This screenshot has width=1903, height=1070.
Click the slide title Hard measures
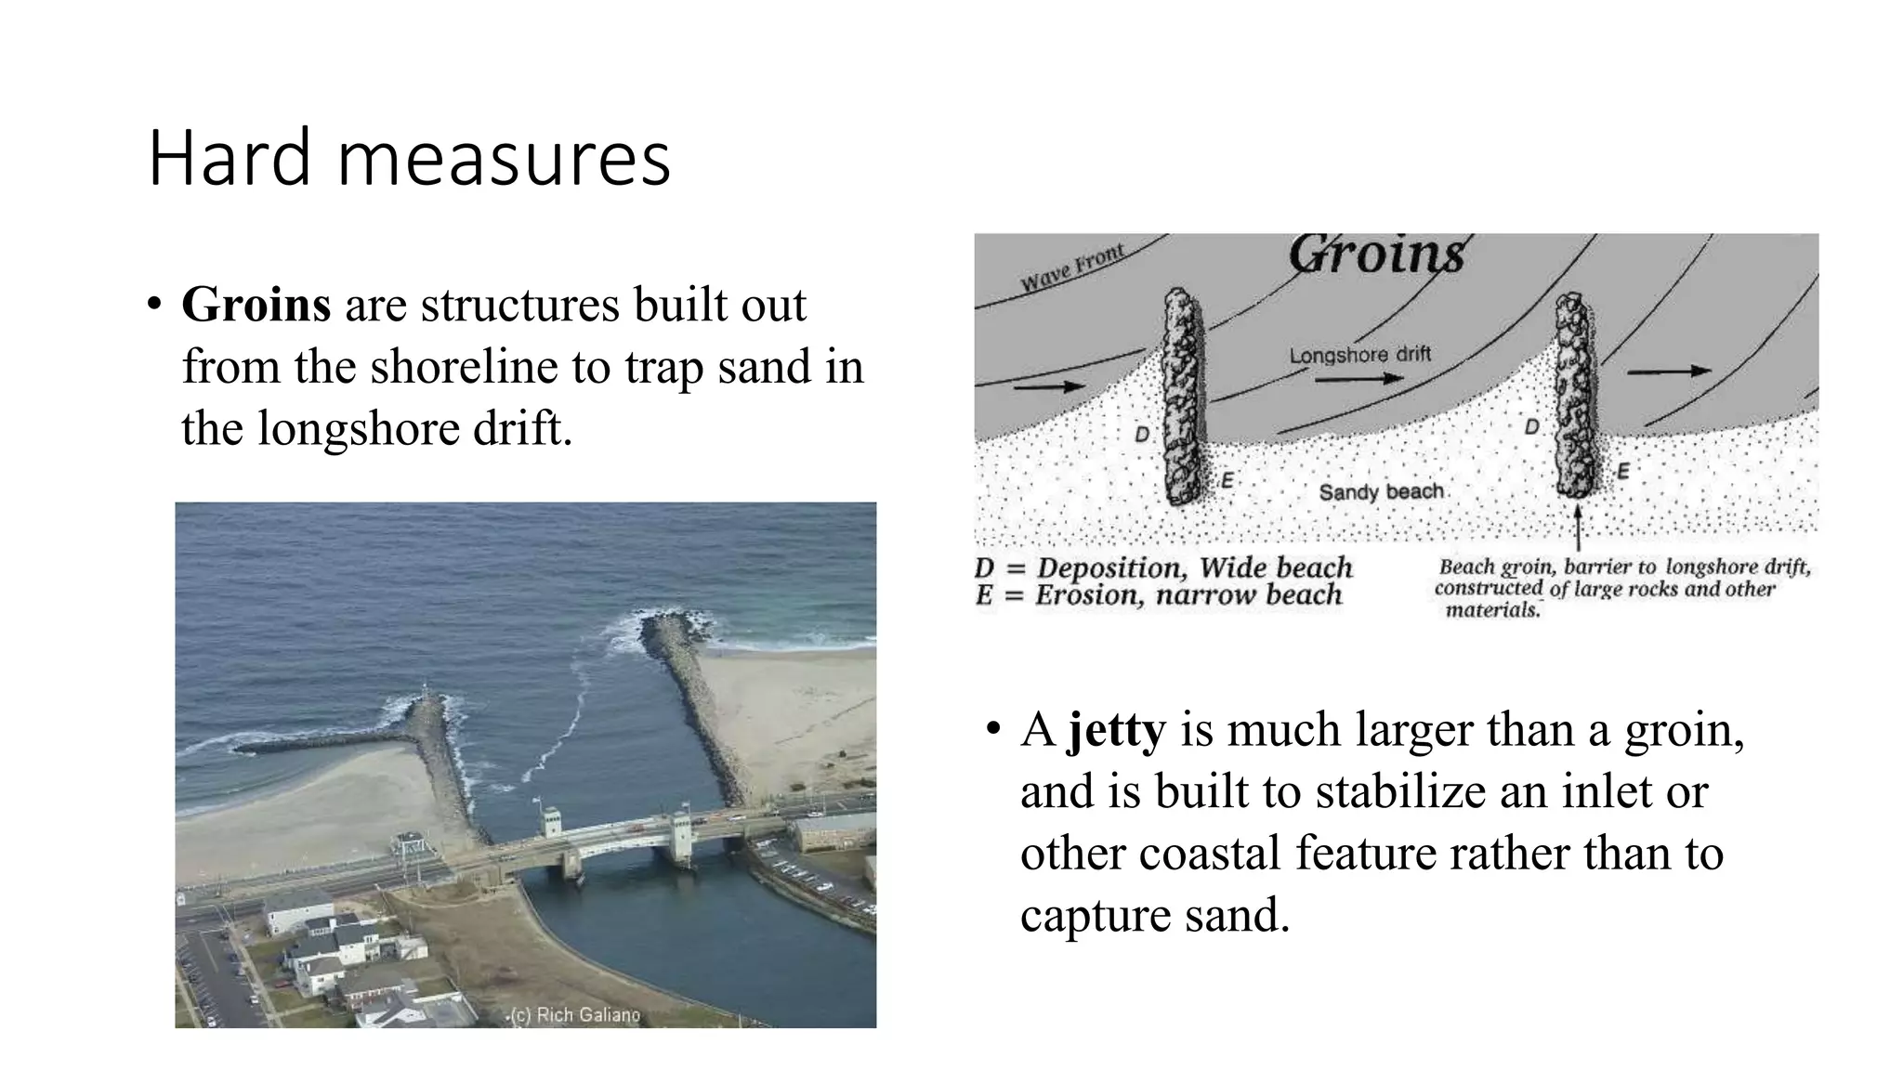pos(409,159)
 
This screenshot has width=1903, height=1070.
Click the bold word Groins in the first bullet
pos(256,304)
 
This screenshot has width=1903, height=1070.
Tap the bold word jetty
pos(1117,729)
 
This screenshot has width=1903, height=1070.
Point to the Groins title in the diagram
pos(1376,252)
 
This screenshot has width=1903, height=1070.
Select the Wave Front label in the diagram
pos(1073,267)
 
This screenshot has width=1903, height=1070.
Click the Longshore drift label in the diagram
pos(1359,355)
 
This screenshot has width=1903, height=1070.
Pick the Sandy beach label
pos(1381,491)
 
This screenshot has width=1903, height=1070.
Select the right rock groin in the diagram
pos(1576,395)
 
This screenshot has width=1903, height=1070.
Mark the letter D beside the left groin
pos(1142,434)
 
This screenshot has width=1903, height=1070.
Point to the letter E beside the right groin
pos(1622,471)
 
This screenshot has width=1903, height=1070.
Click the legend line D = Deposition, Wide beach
pos(1163,568)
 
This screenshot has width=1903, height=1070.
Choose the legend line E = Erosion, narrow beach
pos(1159,595)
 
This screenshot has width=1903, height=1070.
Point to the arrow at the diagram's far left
pos(1048,385)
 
